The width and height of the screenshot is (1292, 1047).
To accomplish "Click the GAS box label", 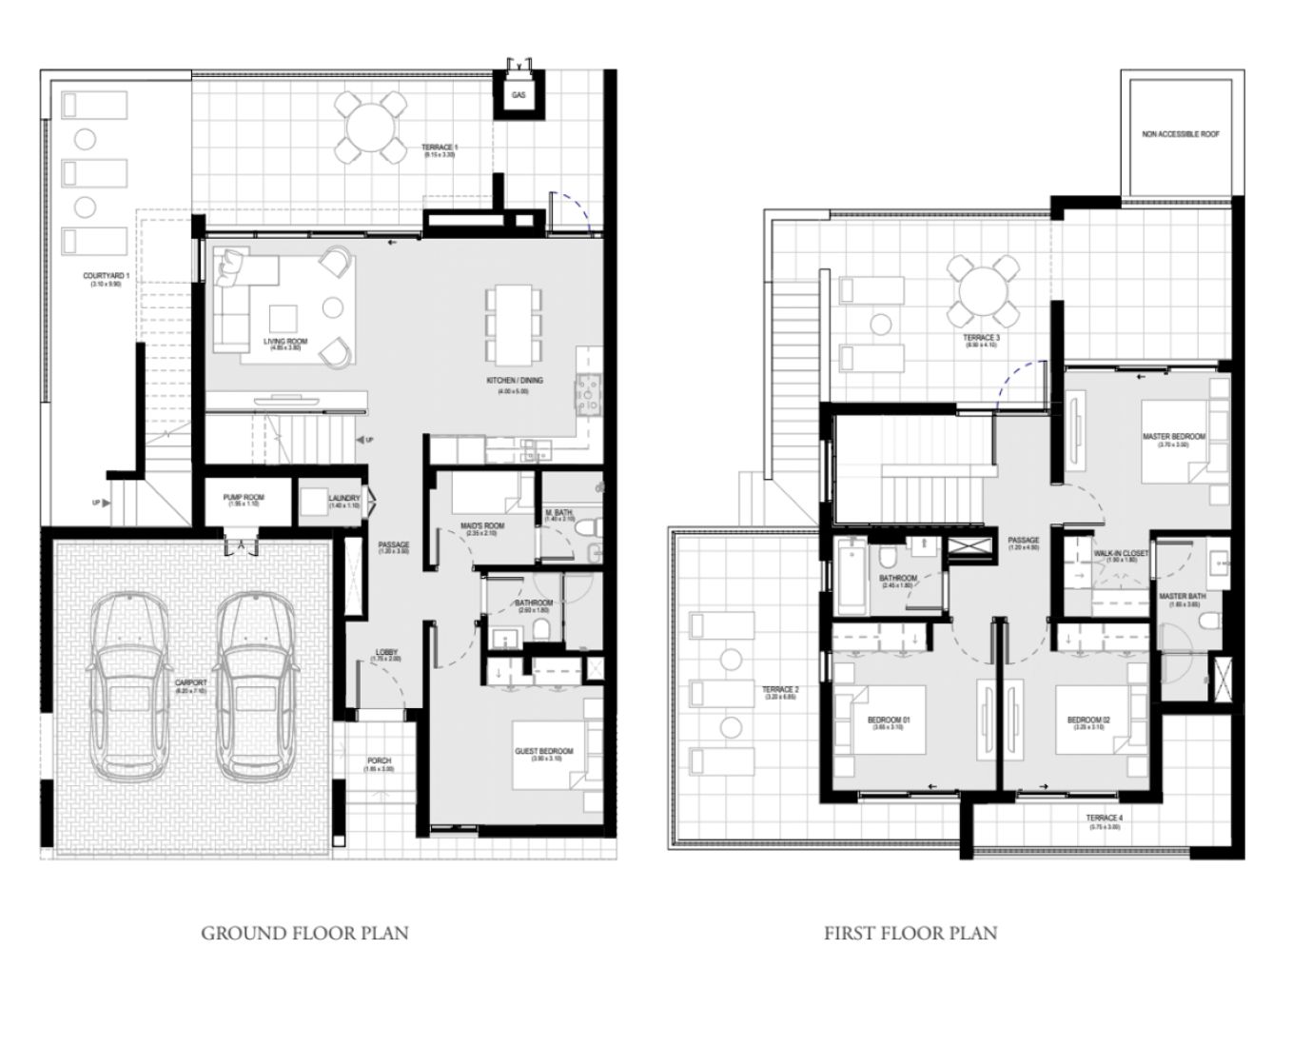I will tap(518, 96).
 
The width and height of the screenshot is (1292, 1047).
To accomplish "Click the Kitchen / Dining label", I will tap(515, 381).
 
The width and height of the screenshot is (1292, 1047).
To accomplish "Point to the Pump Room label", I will tap(244, 498).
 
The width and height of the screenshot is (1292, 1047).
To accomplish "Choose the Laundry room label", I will tap(343, 498).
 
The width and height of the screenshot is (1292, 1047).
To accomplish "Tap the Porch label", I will tap(379, 761).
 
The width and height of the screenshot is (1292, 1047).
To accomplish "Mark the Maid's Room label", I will tap(481, 526).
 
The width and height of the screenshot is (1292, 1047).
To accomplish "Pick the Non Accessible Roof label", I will tap(1180, 134).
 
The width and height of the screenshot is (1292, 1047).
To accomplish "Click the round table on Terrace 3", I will tap(979, 289).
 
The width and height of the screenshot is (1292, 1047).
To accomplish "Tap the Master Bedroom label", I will tap(1173, 438).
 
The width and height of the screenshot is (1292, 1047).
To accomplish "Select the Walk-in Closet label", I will tap(1120, 554).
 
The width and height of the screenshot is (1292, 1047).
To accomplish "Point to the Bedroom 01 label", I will tap(889, 721).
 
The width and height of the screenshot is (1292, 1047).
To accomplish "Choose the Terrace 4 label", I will tap(1105, 819).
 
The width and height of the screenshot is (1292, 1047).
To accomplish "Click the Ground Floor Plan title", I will tap(304, 933).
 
